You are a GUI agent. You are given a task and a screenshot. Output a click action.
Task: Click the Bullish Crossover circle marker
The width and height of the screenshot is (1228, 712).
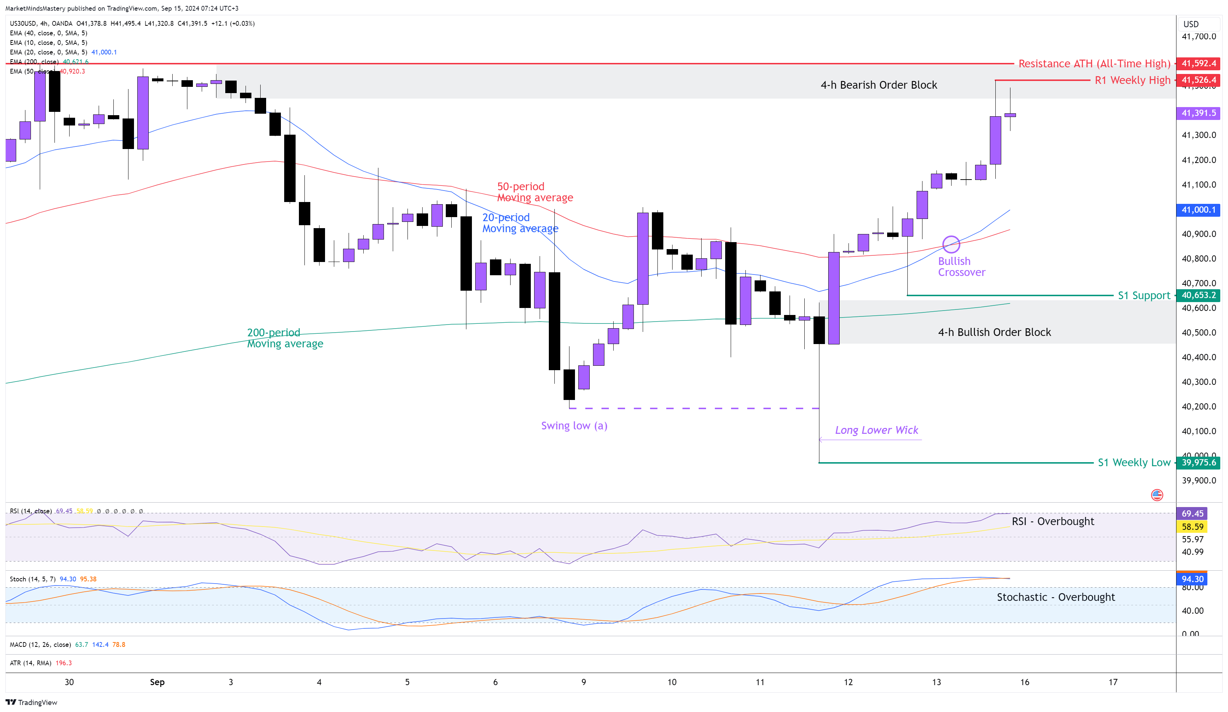[951, 244]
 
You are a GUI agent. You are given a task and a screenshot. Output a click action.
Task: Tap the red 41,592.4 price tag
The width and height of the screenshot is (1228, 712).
[1198, 63]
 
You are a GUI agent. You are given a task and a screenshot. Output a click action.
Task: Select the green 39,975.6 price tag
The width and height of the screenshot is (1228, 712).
[1198, 462]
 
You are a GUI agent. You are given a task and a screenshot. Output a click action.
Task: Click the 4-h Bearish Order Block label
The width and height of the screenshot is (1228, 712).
[879, 85]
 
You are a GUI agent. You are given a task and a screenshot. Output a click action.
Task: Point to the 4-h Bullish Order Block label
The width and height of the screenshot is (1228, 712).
[994, 332]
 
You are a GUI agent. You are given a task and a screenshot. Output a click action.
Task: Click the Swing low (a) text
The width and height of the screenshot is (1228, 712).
[574, 426]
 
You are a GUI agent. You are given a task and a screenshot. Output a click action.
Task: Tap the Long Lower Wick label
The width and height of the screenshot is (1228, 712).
[876, 430]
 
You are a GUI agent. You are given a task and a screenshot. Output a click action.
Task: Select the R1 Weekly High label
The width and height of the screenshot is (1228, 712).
[1132, 80]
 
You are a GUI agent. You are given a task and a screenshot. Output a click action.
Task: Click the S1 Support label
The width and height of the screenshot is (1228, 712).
[1144, 295]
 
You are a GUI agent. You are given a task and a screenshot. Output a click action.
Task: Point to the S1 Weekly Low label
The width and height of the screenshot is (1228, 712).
[1133, 462]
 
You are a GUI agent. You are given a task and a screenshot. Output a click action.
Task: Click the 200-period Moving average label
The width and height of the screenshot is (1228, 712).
[285, 338]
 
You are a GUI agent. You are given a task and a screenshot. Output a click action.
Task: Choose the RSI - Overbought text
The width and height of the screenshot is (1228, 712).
[1052, 521]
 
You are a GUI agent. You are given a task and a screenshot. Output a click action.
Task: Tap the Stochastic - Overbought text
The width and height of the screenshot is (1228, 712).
[1055, 597]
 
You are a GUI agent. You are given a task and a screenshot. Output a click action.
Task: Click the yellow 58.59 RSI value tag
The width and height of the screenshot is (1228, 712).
[1192, 527]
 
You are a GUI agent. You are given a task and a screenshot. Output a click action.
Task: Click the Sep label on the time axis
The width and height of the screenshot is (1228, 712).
[157, 682]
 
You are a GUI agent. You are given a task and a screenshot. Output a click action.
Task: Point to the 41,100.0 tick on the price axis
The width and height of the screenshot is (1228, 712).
[1198, 185]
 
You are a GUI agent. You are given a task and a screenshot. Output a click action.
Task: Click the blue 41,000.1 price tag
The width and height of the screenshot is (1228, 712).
[1198, 210]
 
